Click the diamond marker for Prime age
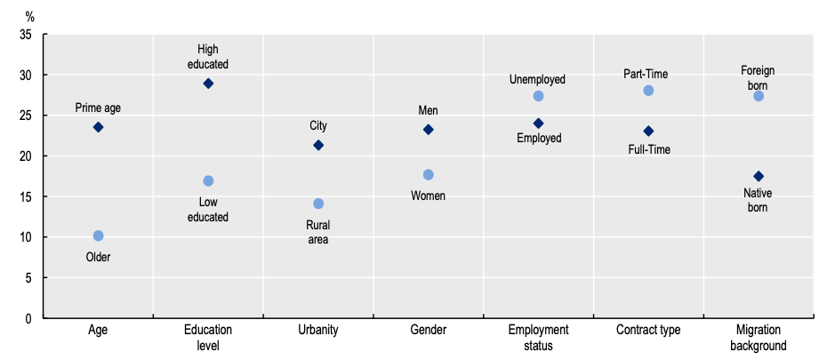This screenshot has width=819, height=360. coord(98,127)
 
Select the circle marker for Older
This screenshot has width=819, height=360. coord(98,236)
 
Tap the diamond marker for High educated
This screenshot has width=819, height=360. coord(208,84)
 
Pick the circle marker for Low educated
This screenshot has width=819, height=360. coord(208,181)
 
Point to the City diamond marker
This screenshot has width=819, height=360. coord(318,145)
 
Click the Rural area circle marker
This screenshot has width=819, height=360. coord(318,204)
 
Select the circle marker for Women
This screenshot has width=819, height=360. coord(429,175)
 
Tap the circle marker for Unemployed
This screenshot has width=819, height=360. coord(539,96)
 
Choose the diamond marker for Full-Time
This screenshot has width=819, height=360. coord(648,131)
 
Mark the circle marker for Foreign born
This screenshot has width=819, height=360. coord(759,96)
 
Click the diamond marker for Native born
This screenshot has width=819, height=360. coord(759,176)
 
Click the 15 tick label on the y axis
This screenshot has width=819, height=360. coord(26,196)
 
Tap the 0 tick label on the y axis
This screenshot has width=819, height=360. coord(28,318)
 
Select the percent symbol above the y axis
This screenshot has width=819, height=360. coord(29,17)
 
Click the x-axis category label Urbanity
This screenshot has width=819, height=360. coord(318,330)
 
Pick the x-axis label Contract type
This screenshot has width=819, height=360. coord(648,330)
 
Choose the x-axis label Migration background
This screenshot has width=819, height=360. coord(759,338)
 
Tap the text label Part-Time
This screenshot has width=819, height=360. coord(646,75)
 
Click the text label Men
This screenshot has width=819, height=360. coord(429,110)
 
